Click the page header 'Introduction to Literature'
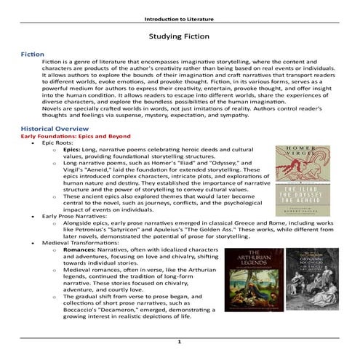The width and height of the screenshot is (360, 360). tap(180, 16)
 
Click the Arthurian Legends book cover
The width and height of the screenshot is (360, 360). tap(252, 281)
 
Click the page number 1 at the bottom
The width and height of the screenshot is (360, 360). tap(180, 341)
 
